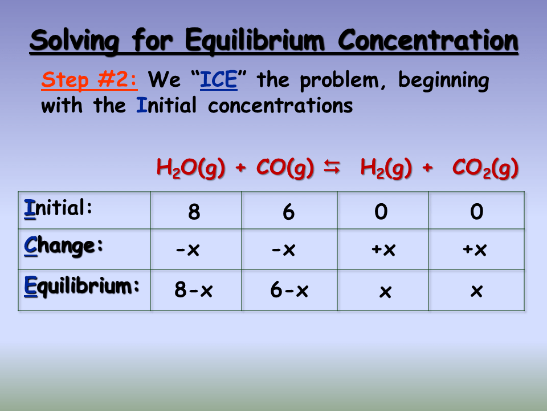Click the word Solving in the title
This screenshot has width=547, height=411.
coord(74,41)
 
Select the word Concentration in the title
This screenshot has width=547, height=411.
coord(428,41)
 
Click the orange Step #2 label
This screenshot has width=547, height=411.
coord(89,80)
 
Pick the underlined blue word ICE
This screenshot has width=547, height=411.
coord(218,80)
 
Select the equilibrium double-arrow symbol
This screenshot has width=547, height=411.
coord(332,167)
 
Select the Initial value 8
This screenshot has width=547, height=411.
coord(194,212)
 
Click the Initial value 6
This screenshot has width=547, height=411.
coord(289,212)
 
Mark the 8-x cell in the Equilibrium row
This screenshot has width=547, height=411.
coord(194,291)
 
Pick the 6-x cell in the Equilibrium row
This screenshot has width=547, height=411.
coord(289,291)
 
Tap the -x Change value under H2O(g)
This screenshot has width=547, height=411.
coord(188,250)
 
